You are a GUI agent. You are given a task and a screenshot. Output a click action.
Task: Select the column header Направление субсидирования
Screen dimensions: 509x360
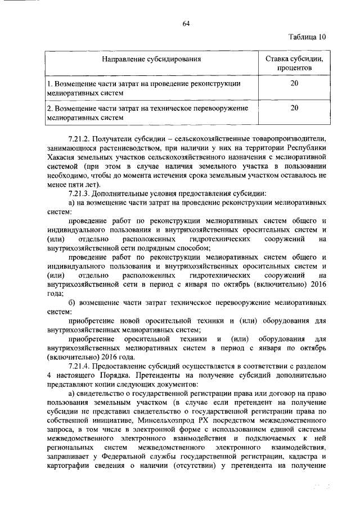click(x=151, y=58)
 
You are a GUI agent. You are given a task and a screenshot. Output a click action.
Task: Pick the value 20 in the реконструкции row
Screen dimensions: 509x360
click(x=294, y=83)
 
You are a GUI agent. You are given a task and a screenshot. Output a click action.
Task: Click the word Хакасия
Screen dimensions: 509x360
click(x=64, y=157)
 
